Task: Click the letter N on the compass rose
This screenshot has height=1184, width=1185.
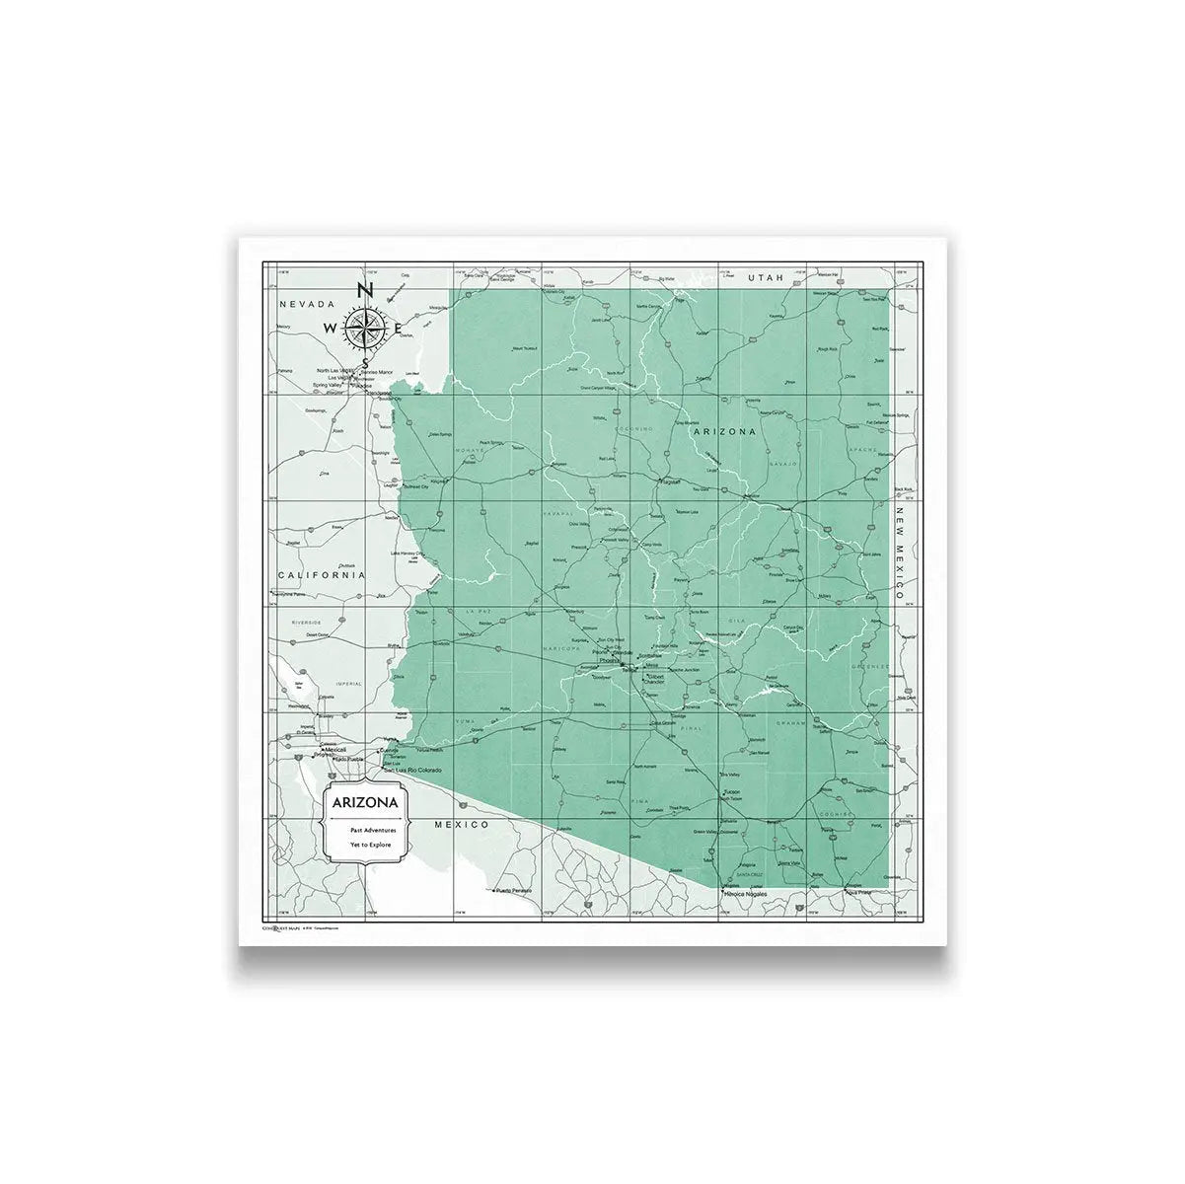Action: [x=363, y=290]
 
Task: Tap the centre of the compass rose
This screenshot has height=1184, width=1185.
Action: [x=363, y=327]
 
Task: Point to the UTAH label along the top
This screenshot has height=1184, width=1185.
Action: [x=765, y=279]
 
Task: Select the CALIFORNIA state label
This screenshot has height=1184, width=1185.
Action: [x=321, y=574]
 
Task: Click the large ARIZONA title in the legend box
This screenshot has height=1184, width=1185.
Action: [x=365, y=803]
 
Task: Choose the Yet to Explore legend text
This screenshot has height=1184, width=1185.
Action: [x=371, y=846]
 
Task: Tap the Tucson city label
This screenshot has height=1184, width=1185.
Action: [x=731, y=792]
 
